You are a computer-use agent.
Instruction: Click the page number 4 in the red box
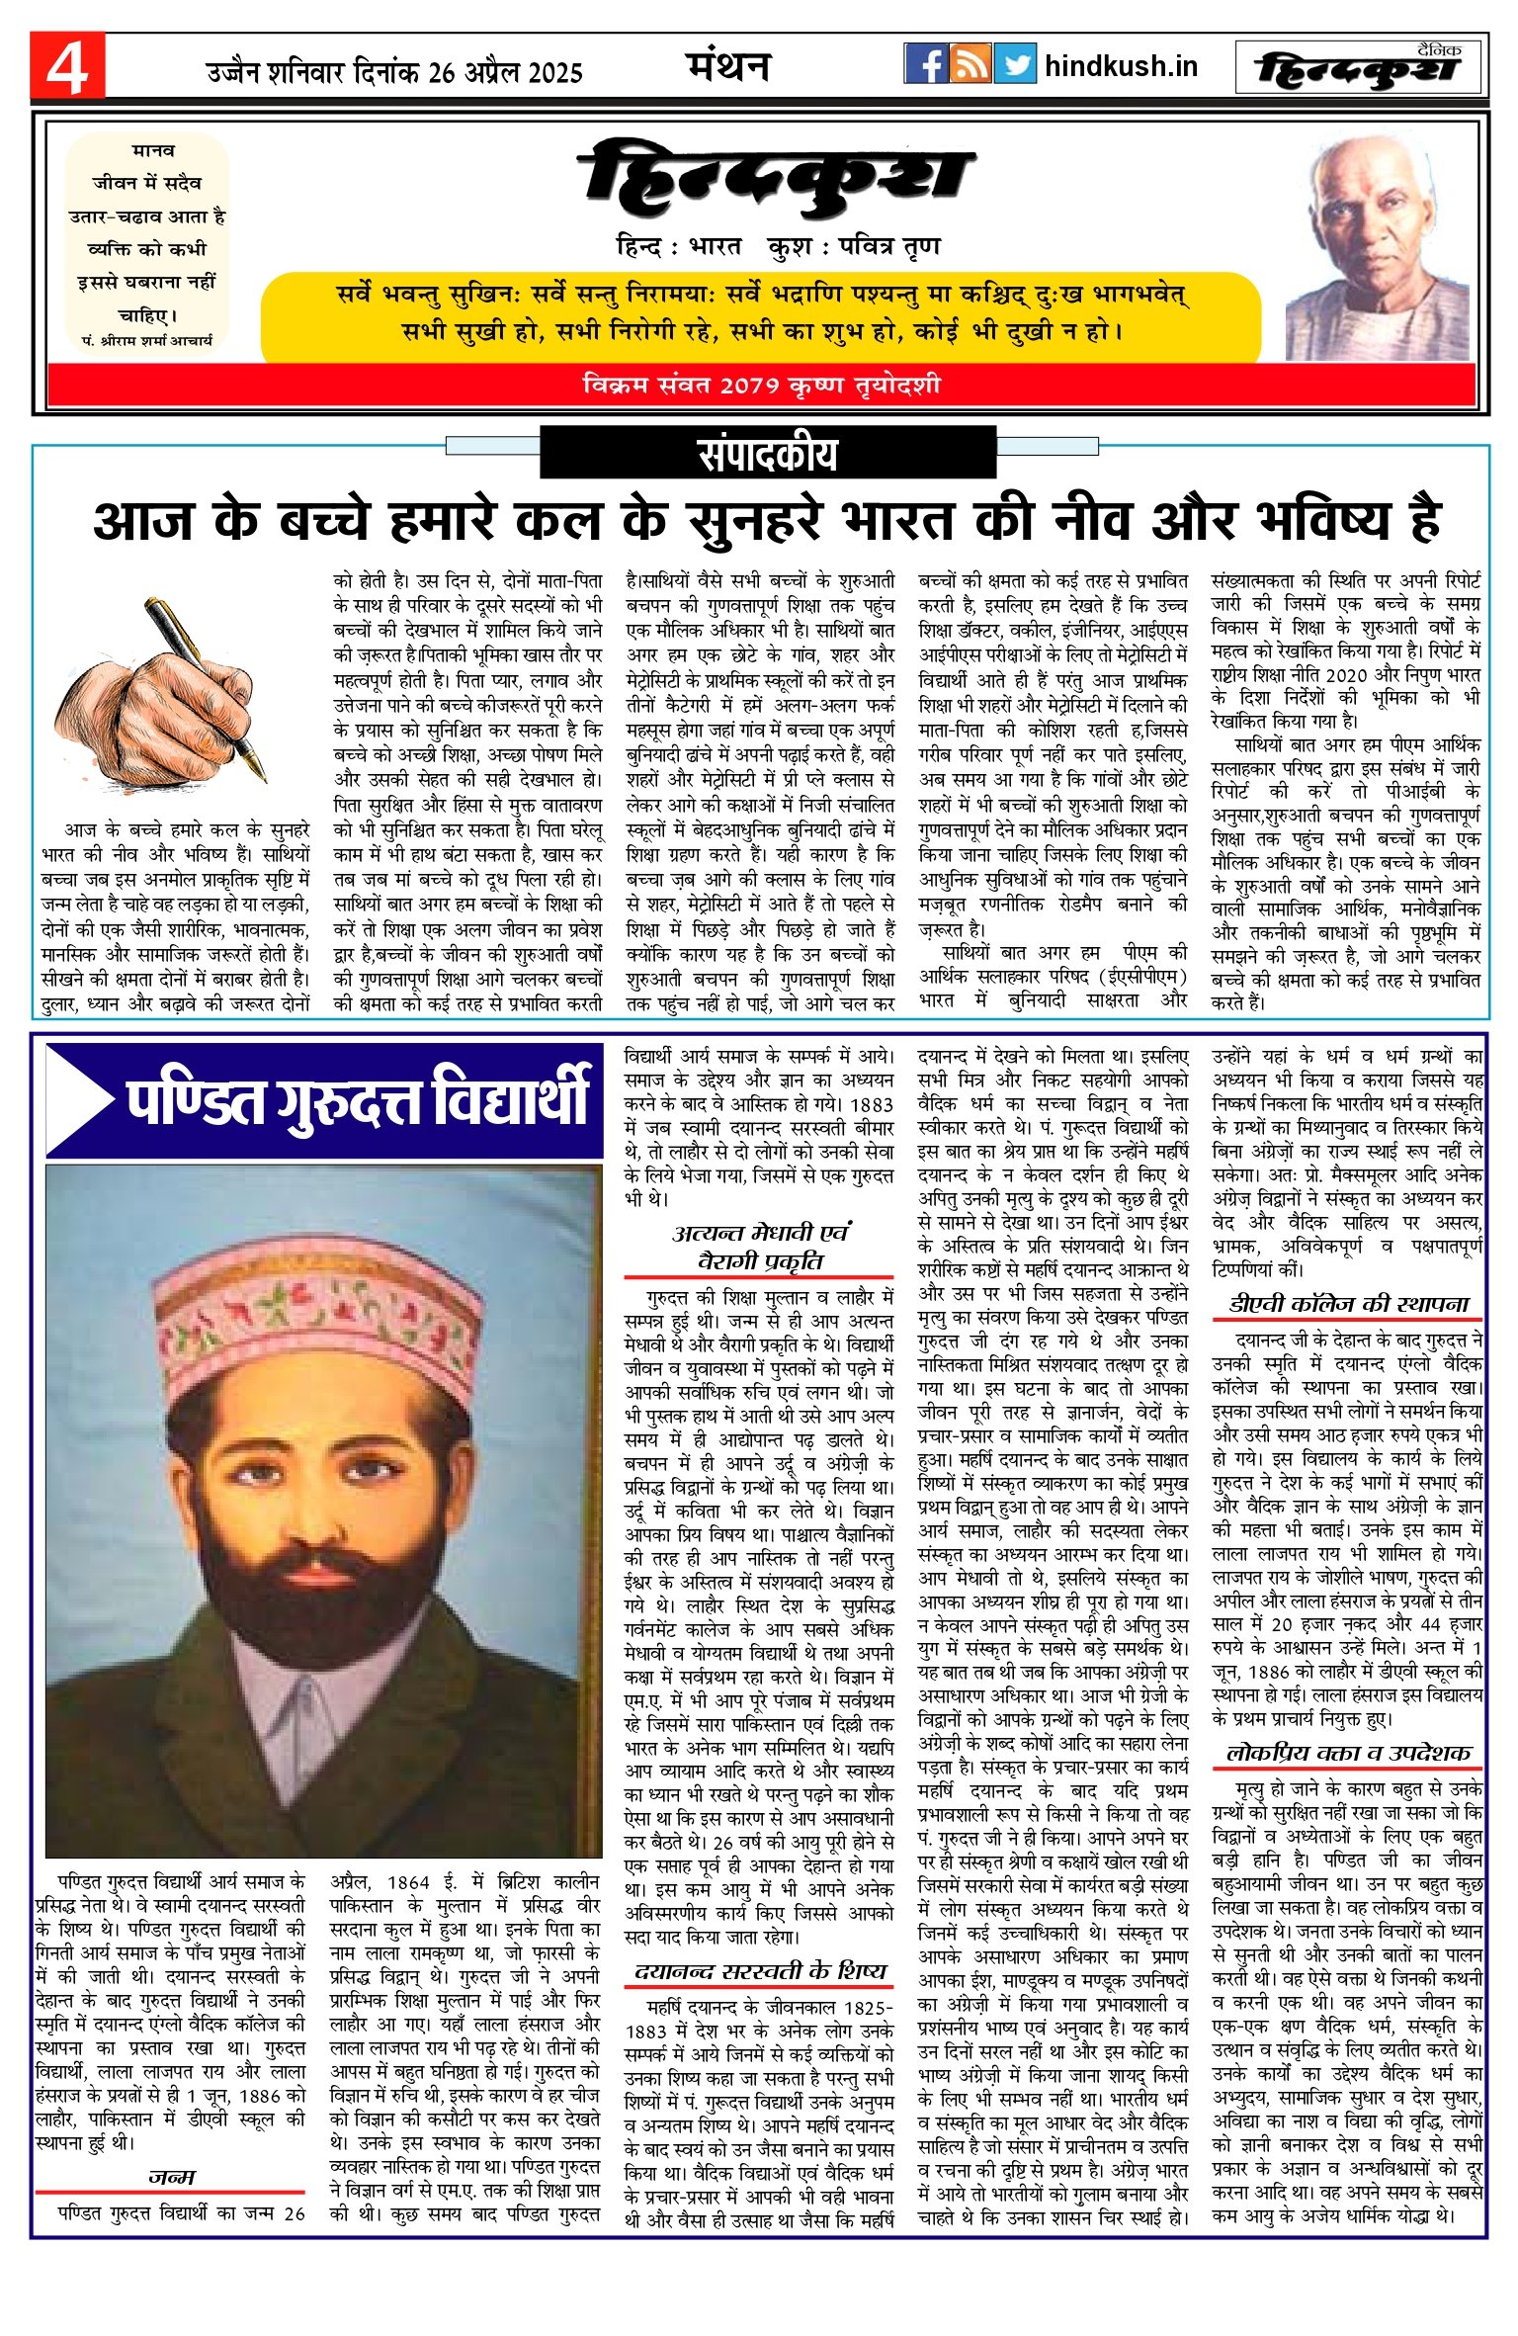coord(66,67)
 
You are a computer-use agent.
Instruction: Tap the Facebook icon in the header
coord(925,64)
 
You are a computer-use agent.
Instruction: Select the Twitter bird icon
coord(1015,64)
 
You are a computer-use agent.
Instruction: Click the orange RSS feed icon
coord(970,64)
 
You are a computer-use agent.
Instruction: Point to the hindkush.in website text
coord(1121,66)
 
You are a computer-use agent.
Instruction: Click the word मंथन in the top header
coord(728,66)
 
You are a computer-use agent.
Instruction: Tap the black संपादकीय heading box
coord(767,455)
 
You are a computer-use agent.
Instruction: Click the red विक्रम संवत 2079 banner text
coord(761,386)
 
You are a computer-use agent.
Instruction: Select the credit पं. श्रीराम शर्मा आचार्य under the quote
coord(147,340)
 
